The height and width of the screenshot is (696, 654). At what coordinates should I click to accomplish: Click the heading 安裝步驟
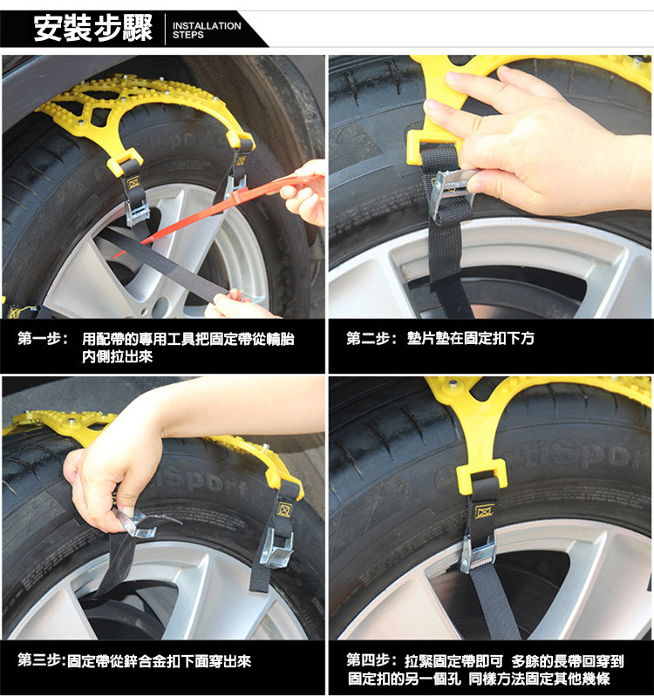pyautogui.click(x=92, y=29)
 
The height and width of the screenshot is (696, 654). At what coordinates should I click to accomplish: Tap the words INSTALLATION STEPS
pyautogui.click(x=207, y=30)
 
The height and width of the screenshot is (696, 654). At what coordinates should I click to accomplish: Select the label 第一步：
pyautogui.click(x=43, y=339)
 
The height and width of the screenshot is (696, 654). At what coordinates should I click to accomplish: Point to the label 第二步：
pyautogui.click(x=371, y=338)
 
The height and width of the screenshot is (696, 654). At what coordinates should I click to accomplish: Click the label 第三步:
pyautogui.click(x=42, y=660)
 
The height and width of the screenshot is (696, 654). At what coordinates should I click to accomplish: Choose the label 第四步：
pyautogui.click(x=371, y=660)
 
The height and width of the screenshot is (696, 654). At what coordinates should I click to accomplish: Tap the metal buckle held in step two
pyautogui.click(x=453, y=193)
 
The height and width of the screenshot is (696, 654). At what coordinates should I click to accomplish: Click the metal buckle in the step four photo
pyautogui.click(x=478, y=553)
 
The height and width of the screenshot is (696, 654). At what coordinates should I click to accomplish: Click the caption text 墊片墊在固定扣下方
pyautogui.click(x=471, y=338)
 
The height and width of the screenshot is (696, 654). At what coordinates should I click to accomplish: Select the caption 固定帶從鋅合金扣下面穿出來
pyautogui.click(x=159, y=660)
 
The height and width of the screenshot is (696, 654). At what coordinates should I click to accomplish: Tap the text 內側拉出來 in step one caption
pyautogui.click(x=118, y=356)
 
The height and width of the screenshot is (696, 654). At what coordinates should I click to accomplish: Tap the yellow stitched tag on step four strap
pyautogui.click(x=484, y=511)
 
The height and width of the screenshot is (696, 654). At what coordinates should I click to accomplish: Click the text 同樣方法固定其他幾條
pyautogui.click(x=540, y=679)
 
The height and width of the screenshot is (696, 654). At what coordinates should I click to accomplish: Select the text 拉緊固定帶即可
pyautogui.click(x=453, y=660)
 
